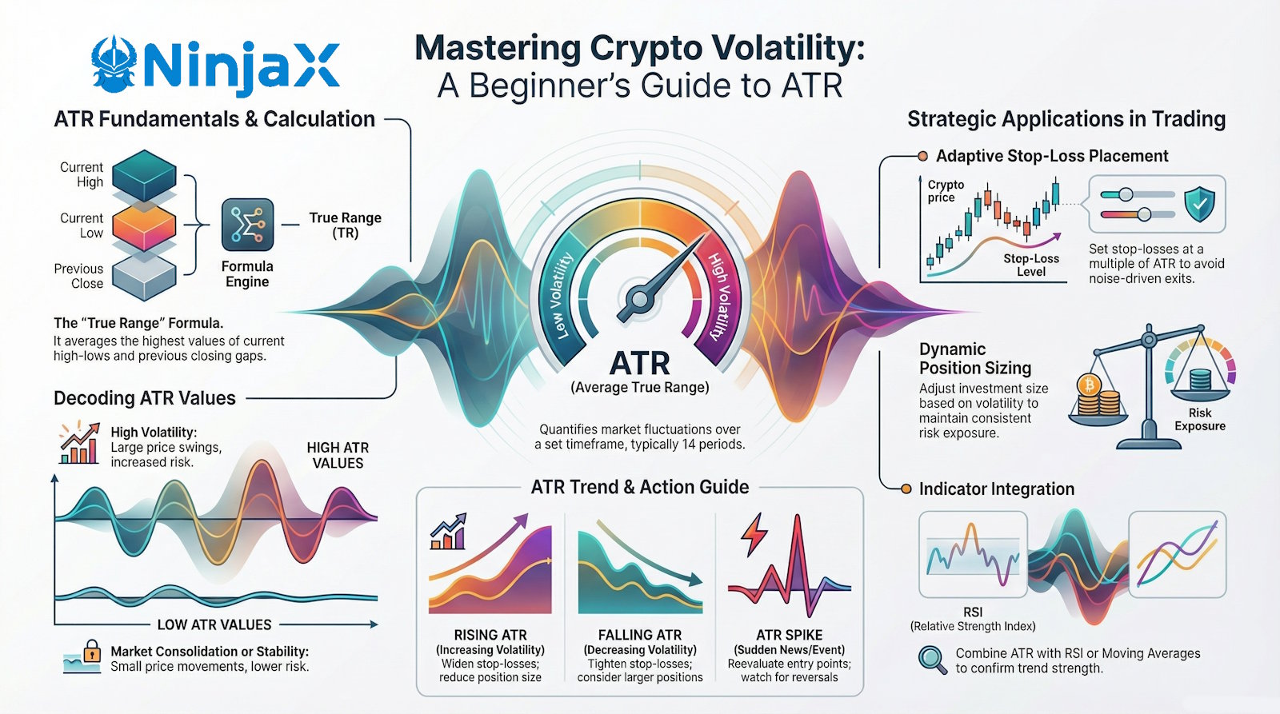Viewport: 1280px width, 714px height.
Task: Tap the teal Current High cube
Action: pyautogui.click(x=144, y=174)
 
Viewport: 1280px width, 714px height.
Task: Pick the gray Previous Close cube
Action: pyautogui.click(x=144, y=277)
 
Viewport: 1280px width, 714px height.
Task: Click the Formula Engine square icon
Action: pyautogui.click(x=247, y=225)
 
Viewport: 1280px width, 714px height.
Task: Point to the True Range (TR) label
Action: pyautogui.click(x=345, y=225)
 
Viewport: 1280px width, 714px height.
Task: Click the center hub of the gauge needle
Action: pyautogui.click(x=638, y=300)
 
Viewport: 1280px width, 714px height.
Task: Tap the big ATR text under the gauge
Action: pyautogui.click(x=639, y=364)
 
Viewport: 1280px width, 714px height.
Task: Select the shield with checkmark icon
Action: pyautogui.click(x=1198, y=205)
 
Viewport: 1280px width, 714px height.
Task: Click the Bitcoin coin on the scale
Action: pyautogui.click(x=1089, y=386)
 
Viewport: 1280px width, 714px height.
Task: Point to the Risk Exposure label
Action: pyautogui.click(x=1199, y=419)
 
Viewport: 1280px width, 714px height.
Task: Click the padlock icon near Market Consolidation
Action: pyautogui.click(x=92, y=649)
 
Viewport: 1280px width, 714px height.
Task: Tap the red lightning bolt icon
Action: pyautogui.click(x=754, y=535)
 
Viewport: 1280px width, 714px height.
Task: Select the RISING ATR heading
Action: pyautogui.click(x=490, y=635)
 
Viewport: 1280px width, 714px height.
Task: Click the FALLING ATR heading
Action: pyautogui.click(x=640, y=635)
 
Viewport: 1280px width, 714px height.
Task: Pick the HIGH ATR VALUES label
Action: pyautogui.click(x=338, y=455)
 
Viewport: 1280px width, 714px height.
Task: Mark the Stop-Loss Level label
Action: pyautogui.click(x=1031, y=265)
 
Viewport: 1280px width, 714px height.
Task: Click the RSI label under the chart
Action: pyautogui.click(x=973, y=612)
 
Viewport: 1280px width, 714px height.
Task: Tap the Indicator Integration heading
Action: pyautogui.click(x=996, y=489)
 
